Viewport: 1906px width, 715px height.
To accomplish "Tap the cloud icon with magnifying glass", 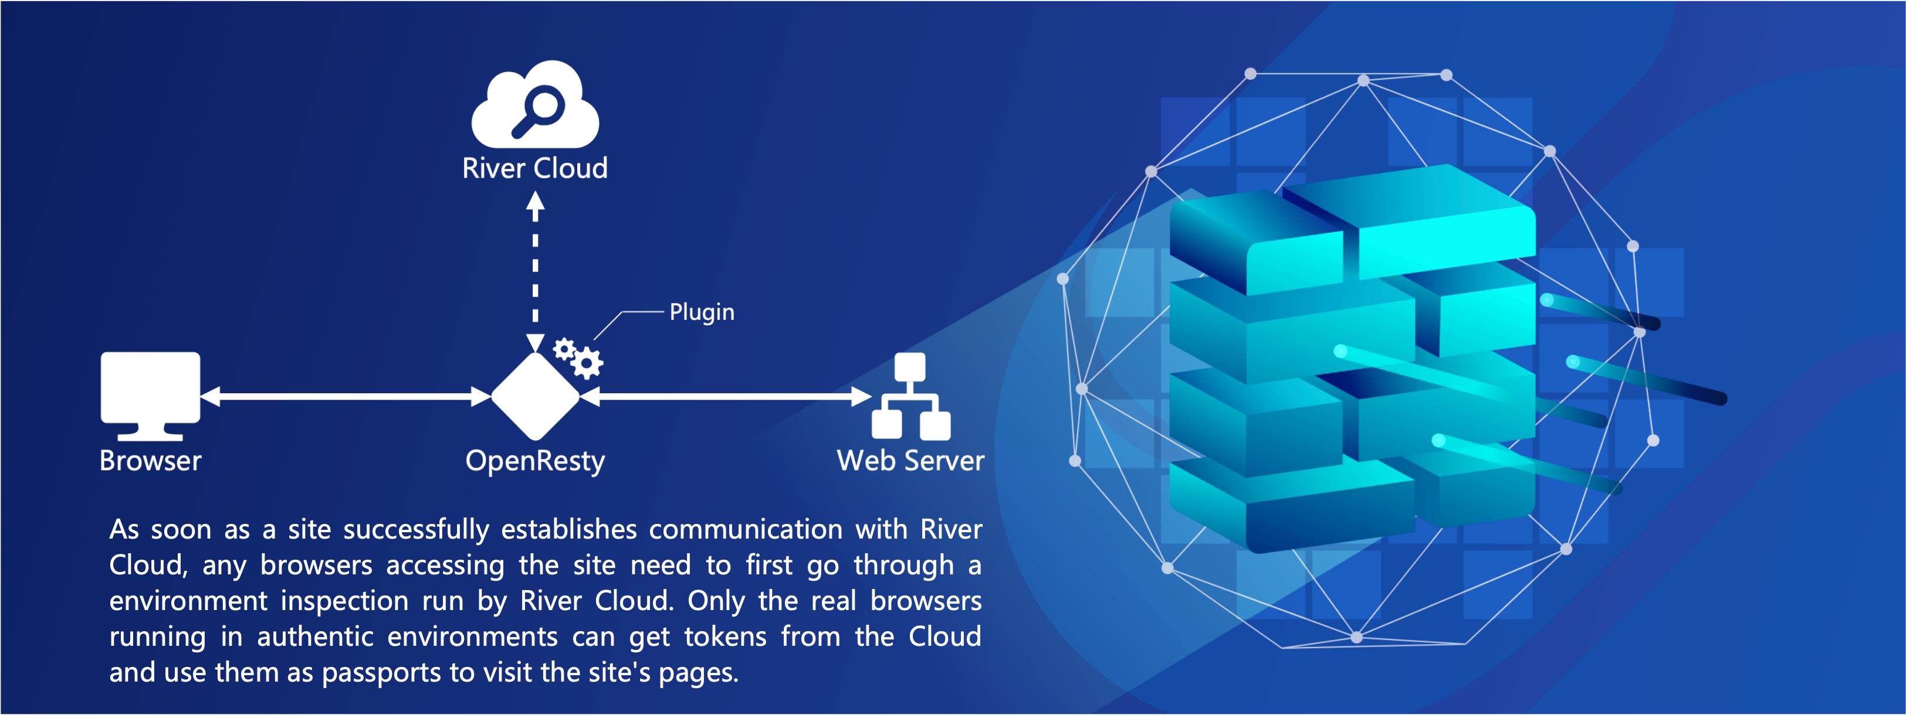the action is [x=535, y=104].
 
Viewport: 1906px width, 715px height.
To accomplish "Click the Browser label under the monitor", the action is [x=150, y=461].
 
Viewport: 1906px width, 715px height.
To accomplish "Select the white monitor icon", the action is [x=150, y=396].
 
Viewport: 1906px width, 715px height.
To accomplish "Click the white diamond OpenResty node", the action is [x=535, y=397].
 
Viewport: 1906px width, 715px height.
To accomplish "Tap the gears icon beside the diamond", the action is [x=578, y=358].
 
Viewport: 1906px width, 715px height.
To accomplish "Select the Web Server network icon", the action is [x=911, y=396].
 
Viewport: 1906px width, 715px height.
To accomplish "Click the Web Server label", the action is [x=911, y=461].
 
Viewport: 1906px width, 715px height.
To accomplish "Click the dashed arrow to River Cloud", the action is [x=535, y=272].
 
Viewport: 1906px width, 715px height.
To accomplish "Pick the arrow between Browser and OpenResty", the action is [x=346, y=397].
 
